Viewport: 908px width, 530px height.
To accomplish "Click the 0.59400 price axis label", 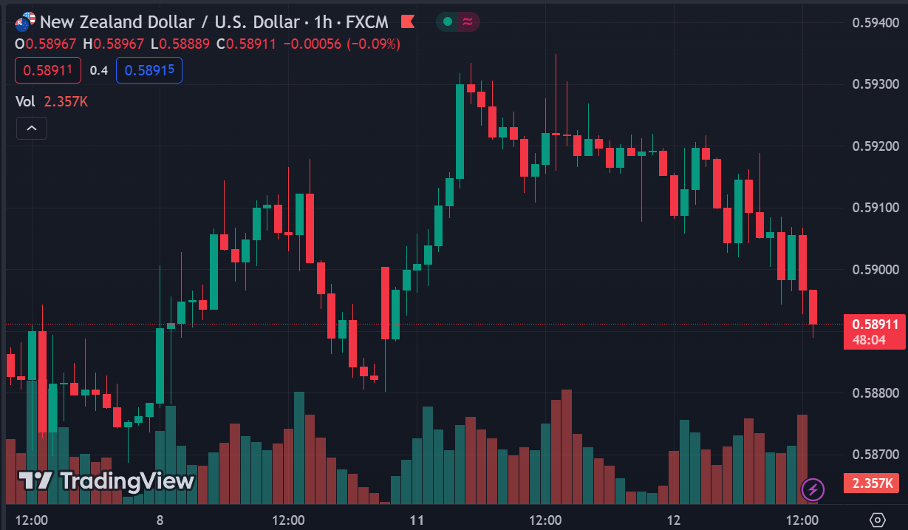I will point(875,22).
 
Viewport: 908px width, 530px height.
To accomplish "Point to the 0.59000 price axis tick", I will point(875,269).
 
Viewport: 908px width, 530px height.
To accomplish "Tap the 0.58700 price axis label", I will point(875,454).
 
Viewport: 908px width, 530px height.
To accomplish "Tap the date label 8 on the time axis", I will point(160,520).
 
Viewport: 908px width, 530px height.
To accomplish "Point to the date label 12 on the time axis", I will point(674,520).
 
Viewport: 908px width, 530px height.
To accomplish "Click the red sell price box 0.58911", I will point(47,70).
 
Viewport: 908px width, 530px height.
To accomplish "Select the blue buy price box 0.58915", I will point(149,70).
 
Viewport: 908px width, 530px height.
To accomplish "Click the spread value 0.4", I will point(99,71).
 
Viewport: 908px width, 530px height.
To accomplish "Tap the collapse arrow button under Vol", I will point(32,128).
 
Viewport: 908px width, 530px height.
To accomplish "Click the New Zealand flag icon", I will point(23,23).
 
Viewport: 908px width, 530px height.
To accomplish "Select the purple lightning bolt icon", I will point(813,489).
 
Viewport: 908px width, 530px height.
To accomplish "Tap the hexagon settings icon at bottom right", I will point(878,520).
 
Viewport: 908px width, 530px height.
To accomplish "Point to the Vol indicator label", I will point(24,101).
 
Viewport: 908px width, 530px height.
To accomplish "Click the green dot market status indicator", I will point(447,22).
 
